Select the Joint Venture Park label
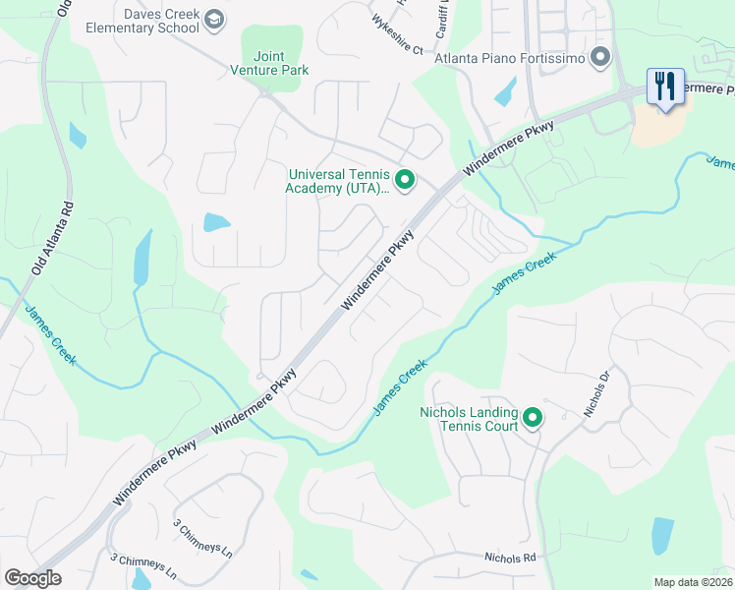coord(269,64)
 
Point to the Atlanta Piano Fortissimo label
coord(510,59)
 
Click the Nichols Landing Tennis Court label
coord(468,420)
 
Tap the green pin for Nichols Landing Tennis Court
coord(533,419)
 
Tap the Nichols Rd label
coord(509,558)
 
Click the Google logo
coord(32,578)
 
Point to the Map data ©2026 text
coord(694,582)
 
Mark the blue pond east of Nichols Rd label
coord(663,536)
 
